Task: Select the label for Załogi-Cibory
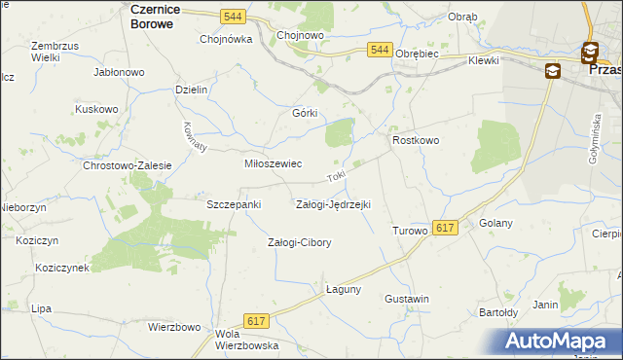coord(299,242)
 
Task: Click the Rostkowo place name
coord(416,141)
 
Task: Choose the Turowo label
coord(410,231)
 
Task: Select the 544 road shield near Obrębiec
coord(380,50)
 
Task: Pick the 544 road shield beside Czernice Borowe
coord(232,17)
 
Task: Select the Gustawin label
coord(407,298)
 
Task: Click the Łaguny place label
coord(344,289)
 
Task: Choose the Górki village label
coord(306,112)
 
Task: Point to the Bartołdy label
coord(497,312)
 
